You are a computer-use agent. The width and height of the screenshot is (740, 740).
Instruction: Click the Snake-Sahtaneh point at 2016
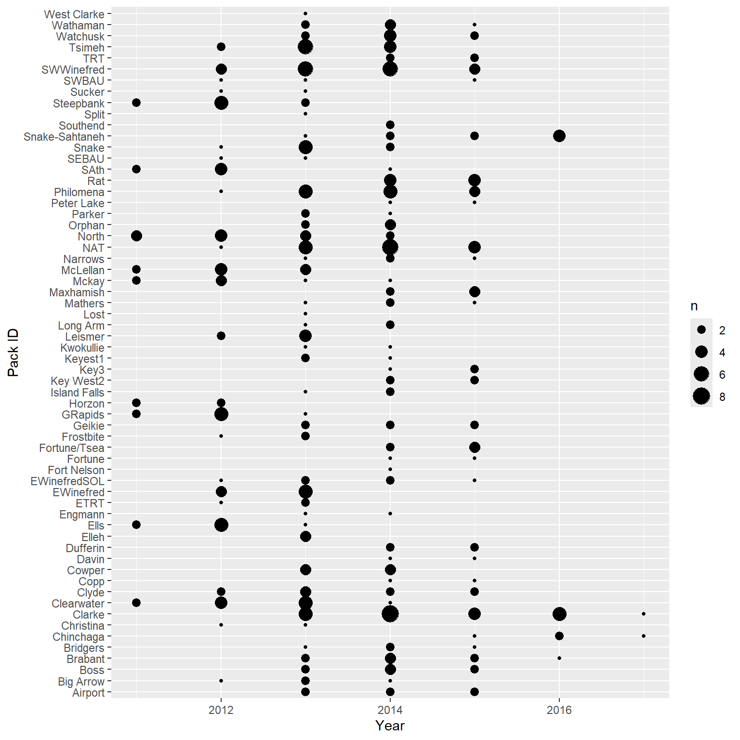point(559,136)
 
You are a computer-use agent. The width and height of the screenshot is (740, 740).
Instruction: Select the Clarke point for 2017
point(644,614)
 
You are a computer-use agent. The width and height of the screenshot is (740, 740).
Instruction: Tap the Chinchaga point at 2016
point(559,636)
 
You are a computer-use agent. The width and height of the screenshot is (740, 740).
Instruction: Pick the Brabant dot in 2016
point(559,658)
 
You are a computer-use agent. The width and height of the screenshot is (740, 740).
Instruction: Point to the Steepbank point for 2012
point(221,103)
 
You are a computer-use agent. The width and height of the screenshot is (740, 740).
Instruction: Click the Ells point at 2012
point(221,525)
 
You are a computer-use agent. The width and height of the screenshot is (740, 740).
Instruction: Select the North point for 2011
point(136,236)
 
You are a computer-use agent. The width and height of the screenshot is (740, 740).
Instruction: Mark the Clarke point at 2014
point(390,614)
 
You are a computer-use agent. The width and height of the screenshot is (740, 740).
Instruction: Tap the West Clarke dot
point(305,13)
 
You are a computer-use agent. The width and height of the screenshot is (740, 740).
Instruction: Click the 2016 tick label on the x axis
point(559,710)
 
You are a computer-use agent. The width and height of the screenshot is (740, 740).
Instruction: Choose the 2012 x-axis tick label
point(221,710)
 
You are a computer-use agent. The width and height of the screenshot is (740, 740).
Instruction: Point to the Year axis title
point(390,726)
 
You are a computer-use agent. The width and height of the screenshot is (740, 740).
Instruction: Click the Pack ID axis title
point(13,353)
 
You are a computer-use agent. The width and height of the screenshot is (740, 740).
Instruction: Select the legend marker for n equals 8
point(701,396)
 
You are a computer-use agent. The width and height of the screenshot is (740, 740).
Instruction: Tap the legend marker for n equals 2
point(701,330)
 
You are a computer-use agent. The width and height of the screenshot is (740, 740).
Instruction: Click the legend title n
point(694,306)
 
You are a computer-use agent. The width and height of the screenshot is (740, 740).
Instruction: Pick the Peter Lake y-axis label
point(78,203)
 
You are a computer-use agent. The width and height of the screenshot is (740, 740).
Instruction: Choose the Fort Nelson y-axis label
point(76,470)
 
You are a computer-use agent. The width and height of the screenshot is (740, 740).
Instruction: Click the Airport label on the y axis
point(88,693)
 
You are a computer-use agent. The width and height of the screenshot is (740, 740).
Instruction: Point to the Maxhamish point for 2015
point(475,291)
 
